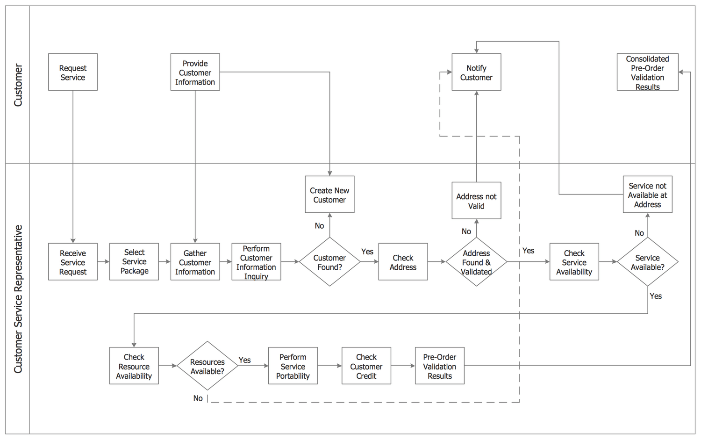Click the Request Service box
pyautogui.click(x=73, y=72)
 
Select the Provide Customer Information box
pyautogui.click(x=195, y=72)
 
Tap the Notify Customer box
pyautogui.click(x=476, y=72)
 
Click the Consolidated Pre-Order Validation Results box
pyautogui.click(x=647, y=72)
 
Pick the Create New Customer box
pyautogui.click(x=329, y=195)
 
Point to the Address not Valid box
pyautogui.click(x=476, y=201)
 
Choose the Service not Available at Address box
pyautogui.click(x=647, y=195)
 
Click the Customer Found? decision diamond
pyautogui.click(x=329, y=262)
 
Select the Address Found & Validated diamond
pyautogui.click(x=476, y=262)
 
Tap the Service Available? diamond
pyautogui.click(x=647, y=262)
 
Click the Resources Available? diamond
pyautogui.click(x=207, y=366)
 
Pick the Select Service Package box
pyautogui.click(x=134, y=262)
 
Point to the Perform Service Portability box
pyautogui.click(x=293, y=366)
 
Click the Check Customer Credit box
pyautogui.click(x=366, y=366)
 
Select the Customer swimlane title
pyautogui.click(x=18, y=85)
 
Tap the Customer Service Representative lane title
pyautogui.click(x=18, y=299)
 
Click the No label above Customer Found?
pyautogui.click(x=319, y=226)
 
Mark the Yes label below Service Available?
pyautogui.click(x=656, y=296)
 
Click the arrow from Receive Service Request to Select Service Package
pyautogui.click(x=103, y=262)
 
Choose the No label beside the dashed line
pyautogui.click(x=198, y=398)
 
